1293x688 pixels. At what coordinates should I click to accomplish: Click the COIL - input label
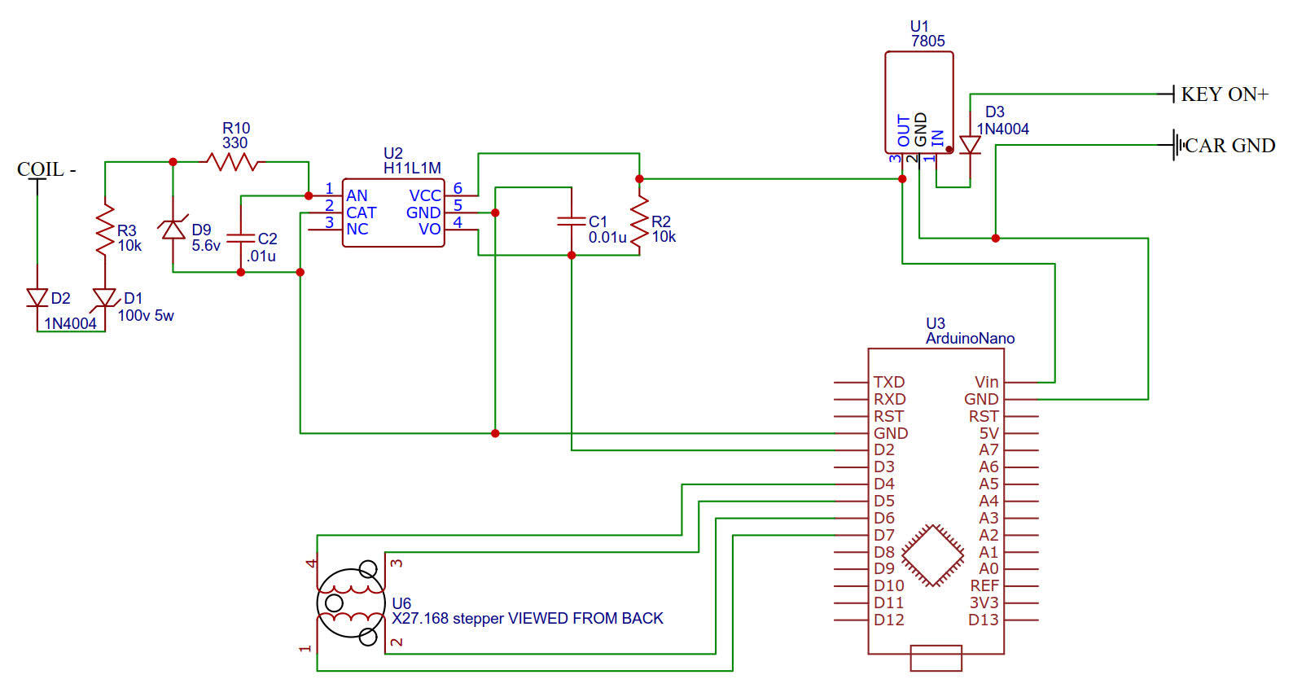click(46, 169)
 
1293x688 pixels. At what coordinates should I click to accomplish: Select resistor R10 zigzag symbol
click(232, 162)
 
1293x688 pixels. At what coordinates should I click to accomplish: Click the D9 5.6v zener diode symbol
click(173, 229)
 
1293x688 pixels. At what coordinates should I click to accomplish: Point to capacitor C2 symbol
click(240, 238)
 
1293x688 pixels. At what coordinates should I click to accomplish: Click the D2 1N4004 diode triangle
click(37, 298)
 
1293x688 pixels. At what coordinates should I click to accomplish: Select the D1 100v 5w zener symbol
click(105, 298)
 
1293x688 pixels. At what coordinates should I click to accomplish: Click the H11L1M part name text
click(412, 168)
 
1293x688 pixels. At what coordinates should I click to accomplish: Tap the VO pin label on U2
click(430, 230)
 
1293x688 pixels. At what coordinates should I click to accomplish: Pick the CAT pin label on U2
click(362, 213)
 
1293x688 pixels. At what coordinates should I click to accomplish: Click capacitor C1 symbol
click(572, 221)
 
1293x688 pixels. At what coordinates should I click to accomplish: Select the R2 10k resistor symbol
click(639, 222)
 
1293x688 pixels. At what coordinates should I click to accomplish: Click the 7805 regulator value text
click(927, 41)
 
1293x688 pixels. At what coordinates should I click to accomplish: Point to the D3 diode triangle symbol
click(970, 145)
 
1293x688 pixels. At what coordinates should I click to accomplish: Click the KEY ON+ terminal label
click(1225, 94)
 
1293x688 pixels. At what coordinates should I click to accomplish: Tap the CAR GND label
click(1229, 146)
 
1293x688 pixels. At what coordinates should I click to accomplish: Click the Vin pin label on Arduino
click(986, 382)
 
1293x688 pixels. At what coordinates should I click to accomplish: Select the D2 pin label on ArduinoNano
click(884, 450)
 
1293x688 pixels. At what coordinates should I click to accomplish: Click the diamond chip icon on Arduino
click(933, 556)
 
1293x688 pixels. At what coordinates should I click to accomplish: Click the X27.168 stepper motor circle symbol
click(351, 603)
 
